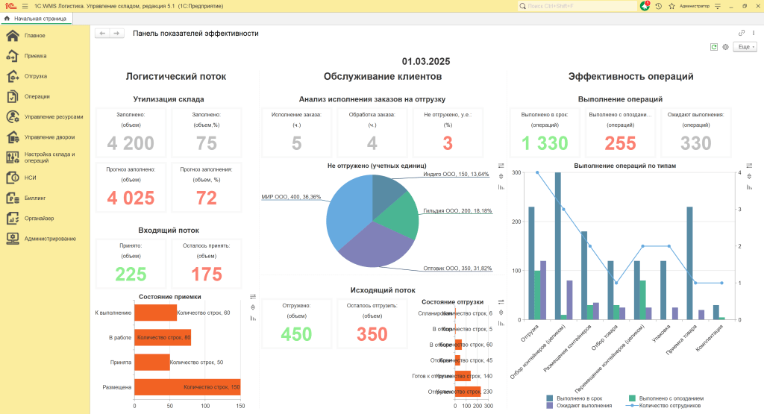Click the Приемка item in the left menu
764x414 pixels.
(35, 56)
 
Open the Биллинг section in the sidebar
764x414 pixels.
(35, 198)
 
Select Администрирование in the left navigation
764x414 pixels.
(49, 239)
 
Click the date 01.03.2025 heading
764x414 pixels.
(426, 62)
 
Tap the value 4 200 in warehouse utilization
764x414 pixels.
(131, 144)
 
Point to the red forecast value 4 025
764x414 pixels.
(131, 198)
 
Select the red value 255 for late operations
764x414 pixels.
(620, 144)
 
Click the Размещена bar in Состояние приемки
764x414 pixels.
(187, 387)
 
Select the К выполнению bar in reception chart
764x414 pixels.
(155, 313)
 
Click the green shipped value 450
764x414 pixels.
(296, 334)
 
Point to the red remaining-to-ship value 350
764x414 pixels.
(372, 334)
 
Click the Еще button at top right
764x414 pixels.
(745, 47)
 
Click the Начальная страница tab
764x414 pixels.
(35, 18)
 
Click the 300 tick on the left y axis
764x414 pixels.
(516, 173)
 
